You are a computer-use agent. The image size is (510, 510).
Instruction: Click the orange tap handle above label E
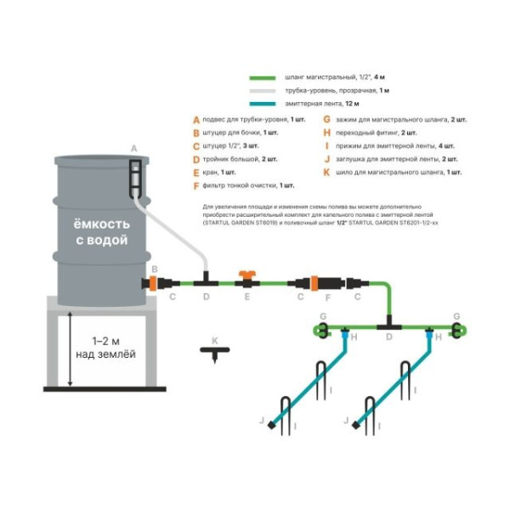coord(246,276)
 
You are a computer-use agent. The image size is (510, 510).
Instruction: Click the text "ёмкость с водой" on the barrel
coord(100,232)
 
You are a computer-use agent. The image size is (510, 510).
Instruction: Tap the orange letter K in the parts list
coord(327,172)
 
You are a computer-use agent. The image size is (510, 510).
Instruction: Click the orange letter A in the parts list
coord(195,120)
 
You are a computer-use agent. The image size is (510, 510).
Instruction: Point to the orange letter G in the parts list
coord(327,120)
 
